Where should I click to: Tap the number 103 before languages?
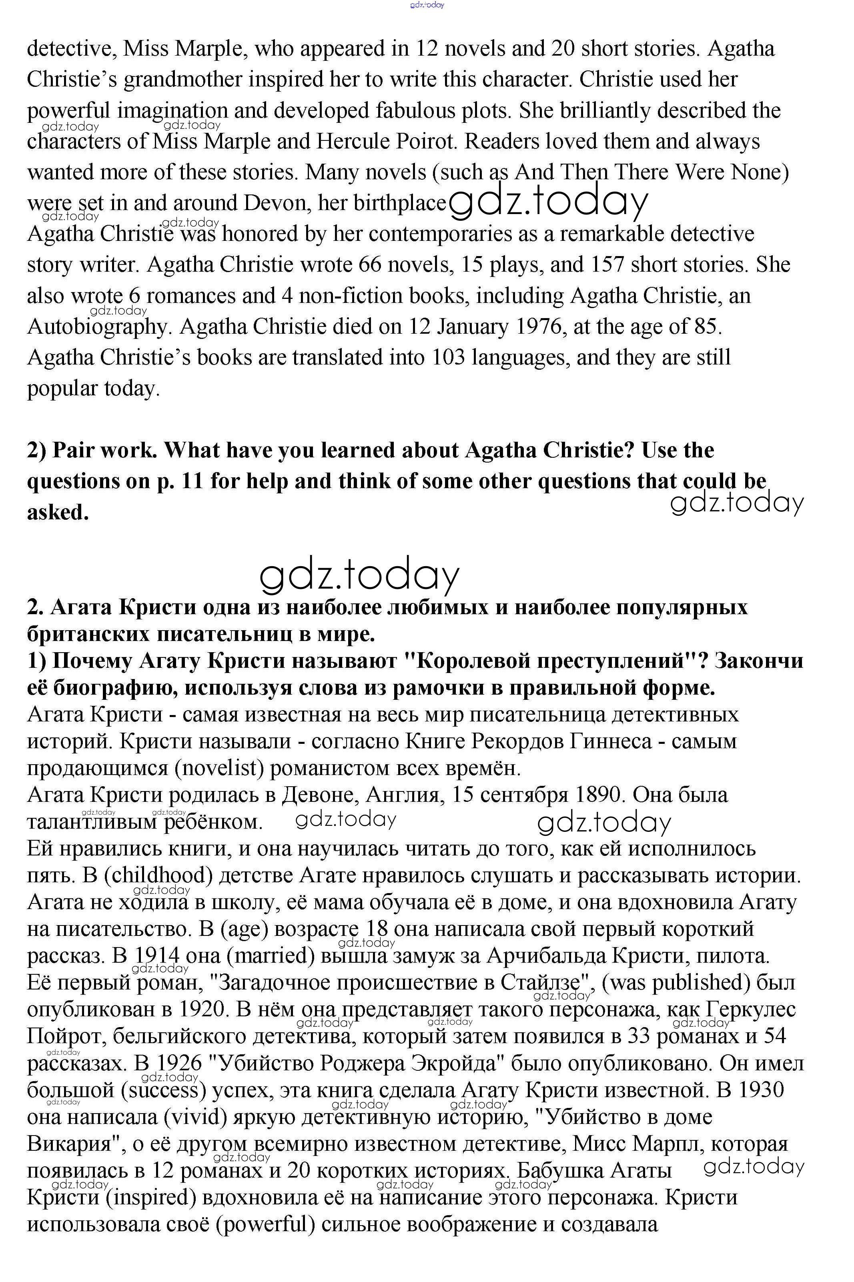pos(449,358)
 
